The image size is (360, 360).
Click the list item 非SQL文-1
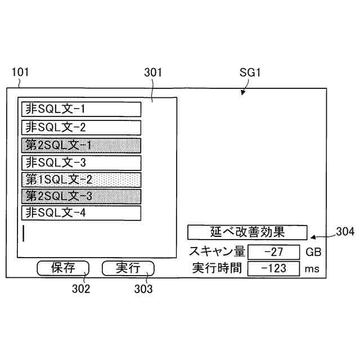click(81, 109)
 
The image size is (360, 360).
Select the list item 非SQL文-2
click(81, 127)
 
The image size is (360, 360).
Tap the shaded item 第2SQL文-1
click(81, 145)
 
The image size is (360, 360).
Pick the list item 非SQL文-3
click(81, 163)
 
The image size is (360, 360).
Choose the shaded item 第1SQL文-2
click(81, 180)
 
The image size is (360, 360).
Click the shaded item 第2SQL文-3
click(81, 196)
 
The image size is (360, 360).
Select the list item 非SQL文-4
click(81, 213)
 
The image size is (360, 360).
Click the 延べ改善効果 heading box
click(247, 232)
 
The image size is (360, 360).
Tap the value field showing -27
click(273, 251)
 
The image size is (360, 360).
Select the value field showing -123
click(273, 268)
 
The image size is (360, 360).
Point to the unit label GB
click(313, 251)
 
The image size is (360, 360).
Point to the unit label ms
click(312, 269)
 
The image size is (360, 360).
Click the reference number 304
click(345, 231)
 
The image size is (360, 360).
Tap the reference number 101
click(20, 73)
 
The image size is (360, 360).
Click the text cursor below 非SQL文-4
click(24, 233)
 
